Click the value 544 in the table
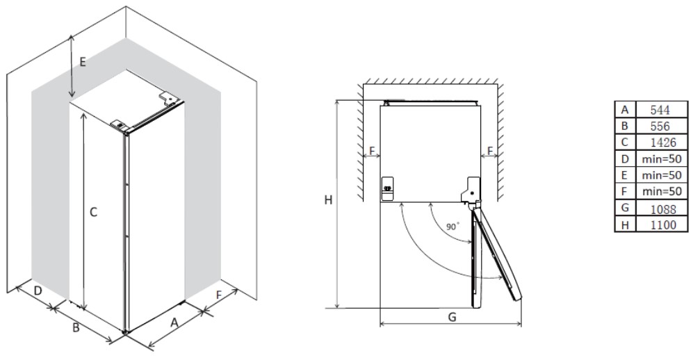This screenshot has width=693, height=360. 660,110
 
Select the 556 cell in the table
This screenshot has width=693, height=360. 660,126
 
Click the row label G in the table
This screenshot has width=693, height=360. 624,208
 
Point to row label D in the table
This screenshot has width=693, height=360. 624,159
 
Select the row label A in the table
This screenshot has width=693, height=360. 624,110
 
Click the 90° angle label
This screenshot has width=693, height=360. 453,227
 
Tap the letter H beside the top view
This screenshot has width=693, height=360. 328,200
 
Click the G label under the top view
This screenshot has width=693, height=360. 452,317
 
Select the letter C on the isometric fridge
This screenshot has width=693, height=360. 93,213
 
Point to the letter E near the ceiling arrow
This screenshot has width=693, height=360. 83,63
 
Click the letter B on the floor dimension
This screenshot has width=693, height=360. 76,328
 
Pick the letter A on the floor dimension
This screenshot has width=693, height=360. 174,323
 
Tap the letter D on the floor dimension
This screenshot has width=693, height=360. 38,291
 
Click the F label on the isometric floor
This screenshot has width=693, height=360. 219,295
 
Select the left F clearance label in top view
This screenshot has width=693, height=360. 372,151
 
